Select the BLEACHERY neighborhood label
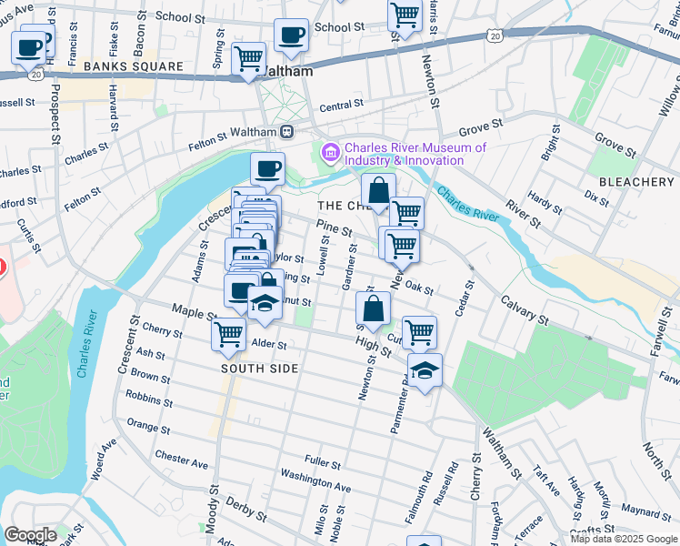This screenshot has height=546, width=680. point(642,182)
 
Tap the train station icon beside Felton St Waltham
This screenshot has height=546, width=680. point(286,131)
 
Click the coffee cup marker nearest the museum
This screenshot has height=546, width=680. point(267,168)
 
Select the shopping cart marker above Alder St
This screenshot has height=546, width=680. point(229,334)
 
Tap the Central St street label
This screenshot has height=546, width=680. point(342,106)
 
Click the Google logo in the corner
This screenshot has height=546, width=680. point(31,535)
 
